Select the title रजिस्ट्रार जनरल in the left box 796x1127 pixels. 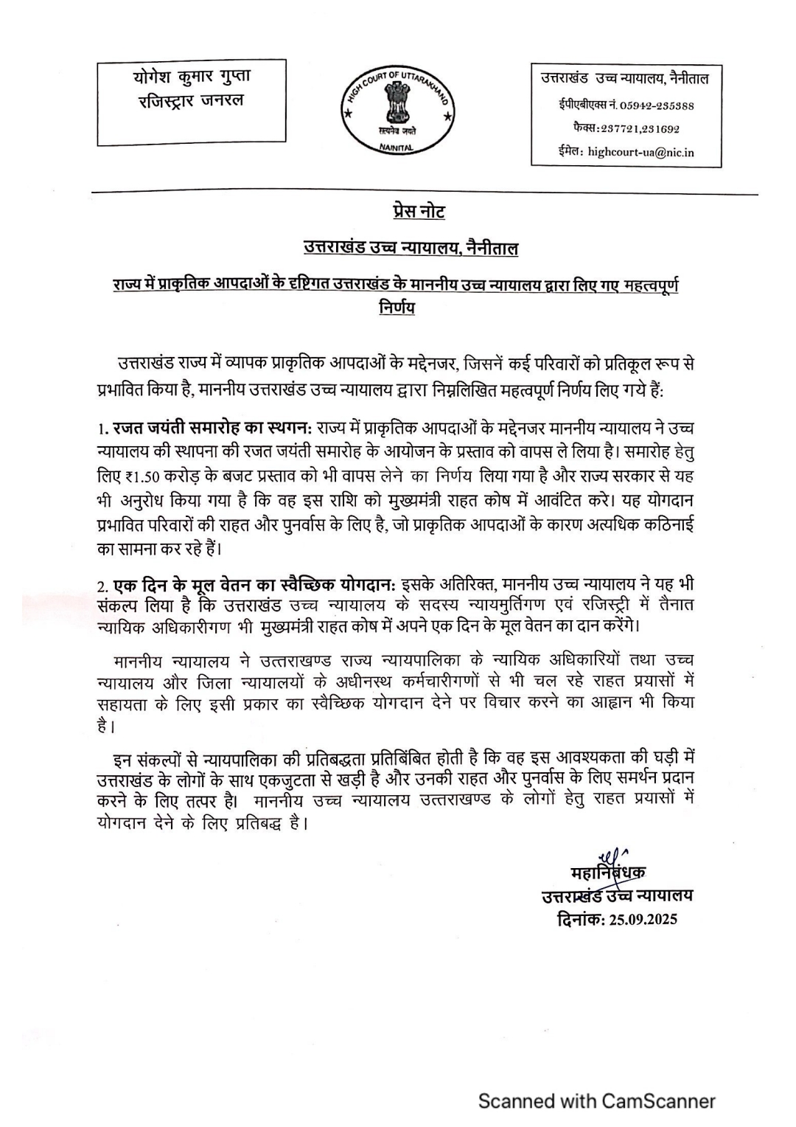191,100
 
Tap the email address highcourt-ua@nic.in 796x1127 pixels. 640,153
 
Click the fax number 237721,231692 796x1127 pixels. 640,128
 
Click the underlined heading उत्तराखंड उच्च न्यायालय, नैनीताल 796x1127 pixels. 411,249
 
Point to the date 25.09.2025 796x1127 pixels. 643,919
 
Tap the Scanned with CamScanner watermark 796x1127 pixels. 597,1101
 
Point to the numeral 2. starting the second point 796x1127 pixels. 103,586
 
